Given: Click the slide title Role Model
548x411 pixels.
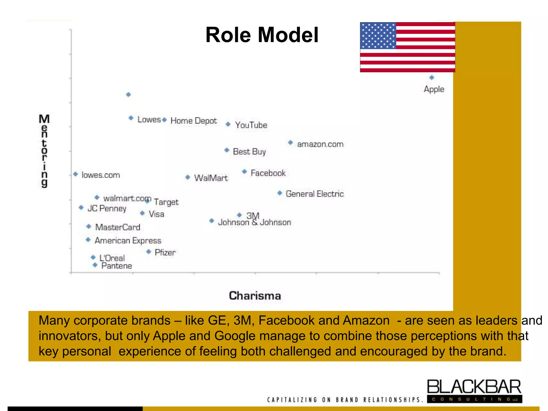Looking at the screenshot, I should point(262,35).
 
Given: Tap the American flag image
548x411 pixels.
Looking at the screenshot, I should point(407,47).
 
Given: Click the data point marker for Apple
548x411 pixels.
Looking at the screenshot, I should point(432,78).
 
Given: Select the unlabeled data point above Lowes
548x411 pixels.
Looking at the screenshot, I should point(128,94).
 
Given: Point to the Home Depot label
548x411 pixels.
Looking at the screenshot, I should point(193,121).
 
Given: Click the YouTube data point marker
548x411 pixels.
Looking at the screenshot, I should point(228,124).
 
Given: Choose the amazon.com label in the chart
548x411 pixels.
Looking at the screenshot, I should point(320,144).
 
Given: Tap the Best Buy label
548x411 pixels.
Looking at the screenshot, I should point(249,152).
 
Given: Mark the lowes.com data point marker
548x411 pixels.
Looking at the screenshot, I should point(76,174).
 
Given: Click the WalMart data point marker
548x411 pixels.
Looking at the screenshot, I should point(188,177).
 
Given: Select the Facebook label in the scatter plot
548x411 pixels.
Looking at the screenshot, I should point(268,173).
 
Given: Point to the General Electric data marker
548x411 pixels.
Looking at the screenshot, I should point(280,193).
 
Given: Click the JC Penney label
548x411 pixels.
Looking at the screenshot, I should point(107,208).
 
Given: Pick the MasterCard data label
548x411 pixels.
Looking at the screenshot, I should point(118,227).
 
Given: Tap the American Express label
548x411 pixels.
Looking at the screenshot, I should point(128,241).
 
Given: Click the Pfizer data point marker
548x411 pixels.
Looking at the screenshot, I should point(149,252).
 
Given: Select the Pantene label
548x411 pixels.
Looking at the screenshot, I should point(117,266).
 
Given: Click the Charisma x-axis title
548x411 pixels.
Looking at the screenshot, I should point(255,296).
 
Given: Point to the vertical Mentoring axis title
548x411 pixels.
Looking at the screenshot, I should point(44,151).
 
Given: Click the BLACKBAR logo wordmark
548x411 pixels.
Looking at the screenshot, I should point(474,387).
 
